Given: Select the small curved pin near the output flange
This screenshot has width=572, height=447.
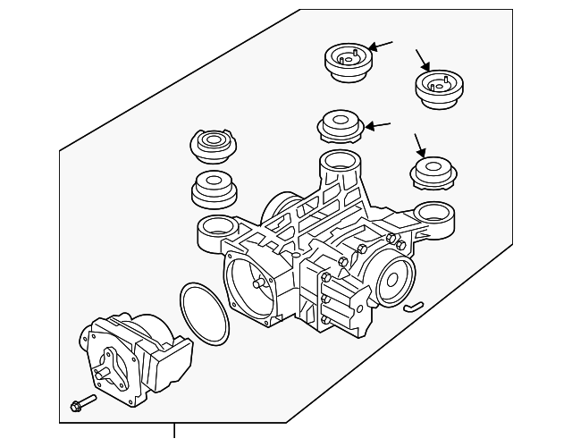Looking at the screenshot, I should (412, 306).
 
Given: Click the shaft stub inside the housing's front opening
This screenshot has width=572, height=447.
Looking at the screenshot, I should (259, 284).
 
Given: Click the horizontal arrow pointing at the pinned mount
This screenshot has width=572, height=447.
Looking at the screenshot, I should (381, 46).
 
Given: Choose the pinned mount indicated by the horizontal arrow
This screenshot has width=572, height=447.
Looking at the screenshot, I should (346, 63).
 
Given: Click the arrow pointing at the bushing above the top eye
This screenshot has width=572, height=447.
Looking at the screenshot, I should (378, 125).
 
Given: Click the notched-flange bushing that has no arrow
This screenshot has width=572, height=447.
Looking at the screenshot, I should (214, 144).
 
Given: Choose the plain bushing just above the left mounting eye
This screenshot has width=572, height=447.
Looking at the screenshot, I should (214, 187).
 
